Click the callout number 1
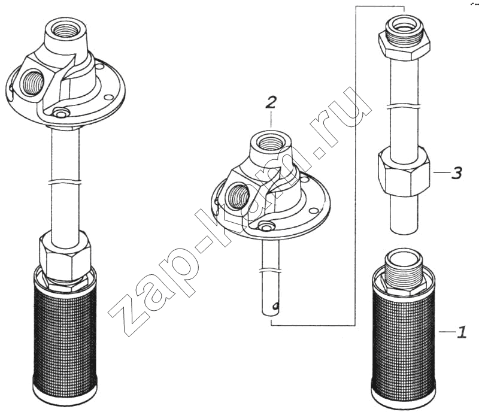(x=461, y=332)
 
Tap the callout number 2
(x=271, y=102)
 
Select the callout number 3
(x=456, y=172)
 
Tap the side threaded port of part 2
(x=238, y=196)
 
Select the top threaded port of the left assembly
(x=64, y=30)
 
